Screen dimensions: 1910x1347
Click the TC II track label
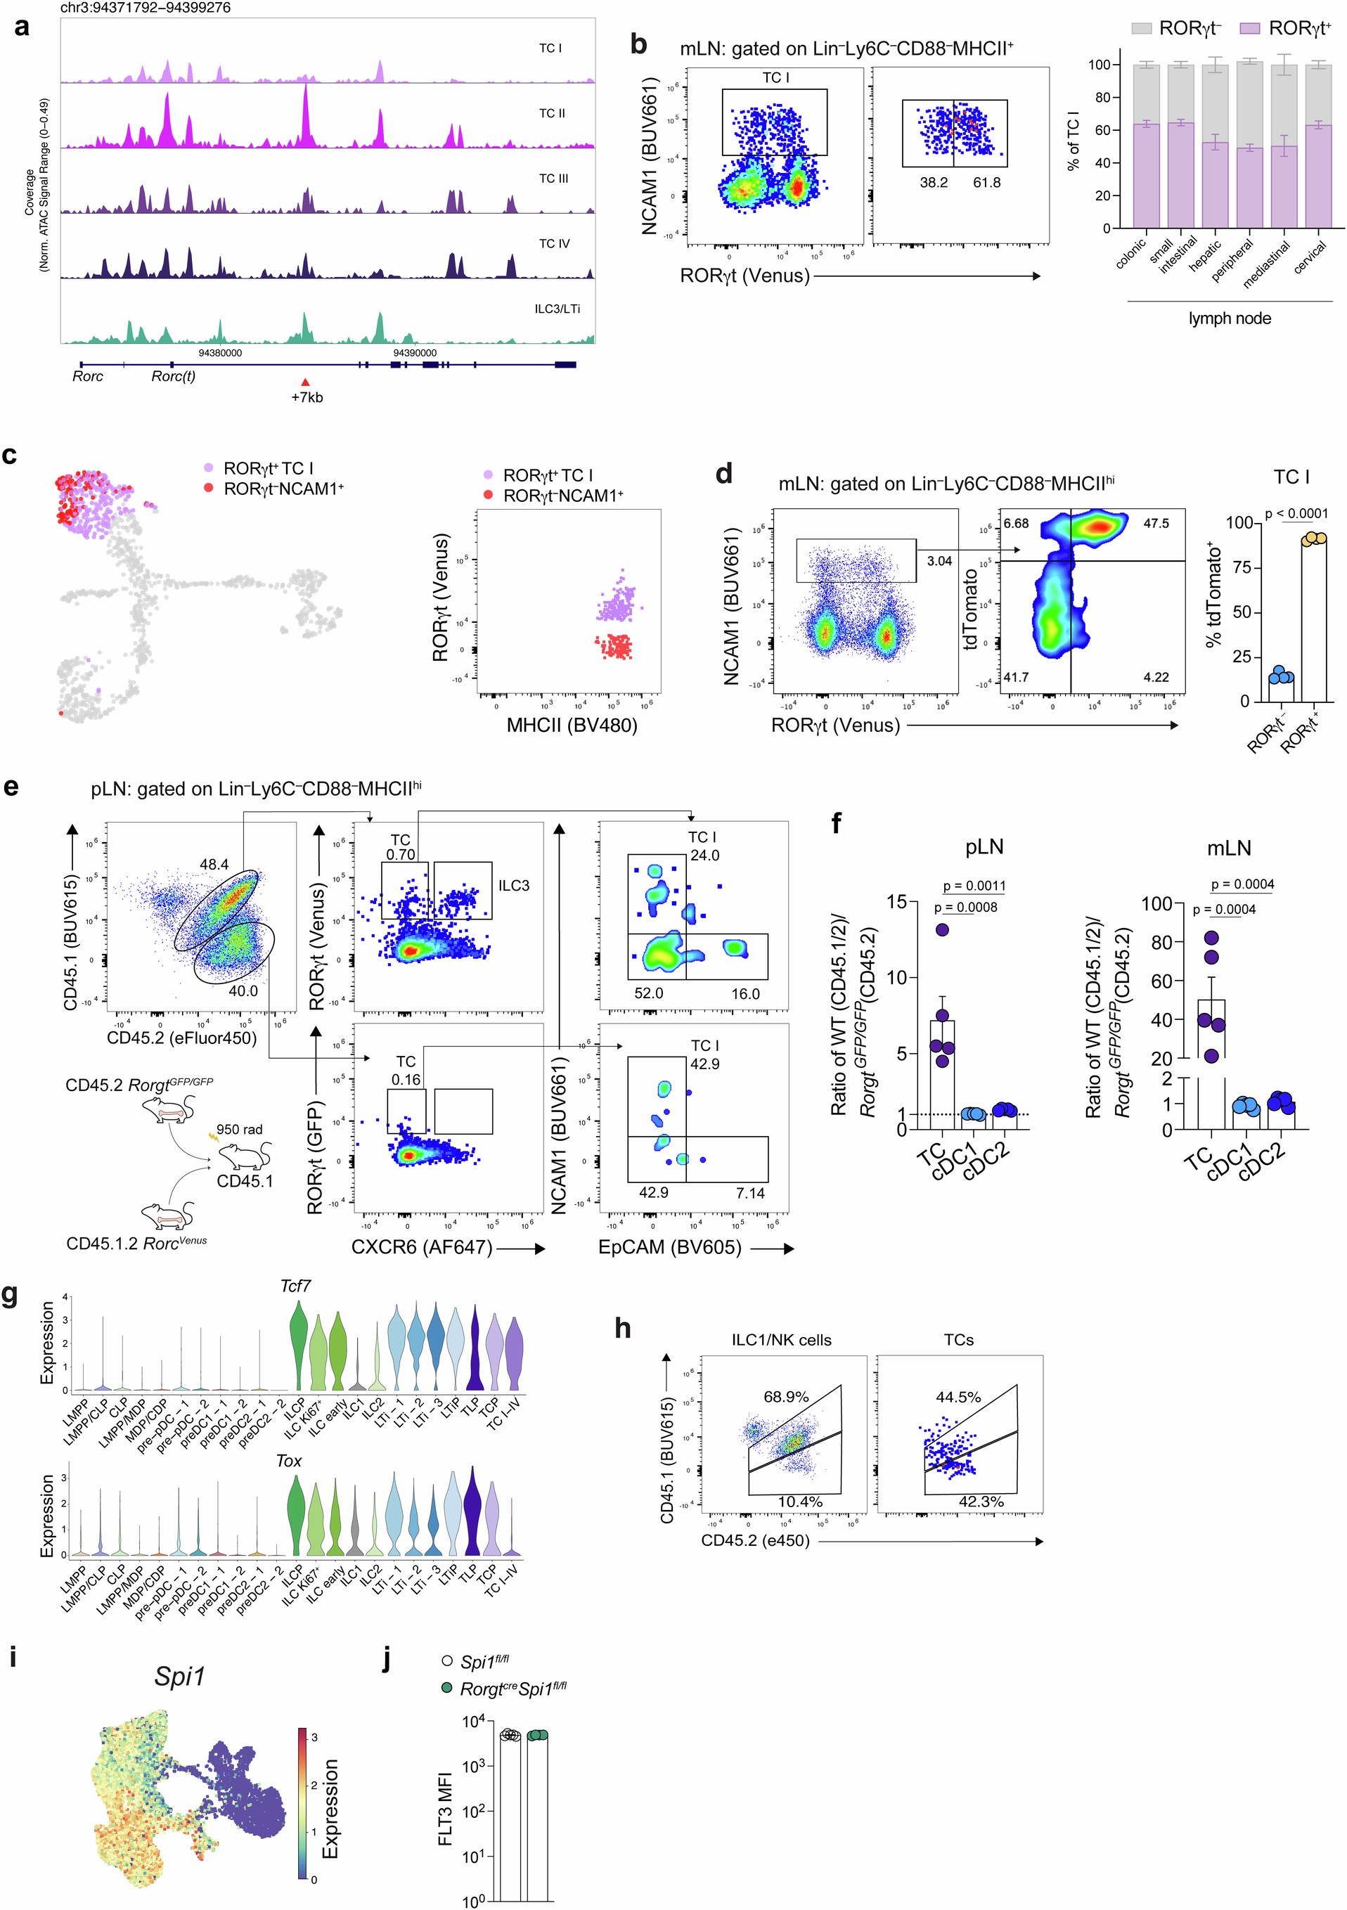(552, 113)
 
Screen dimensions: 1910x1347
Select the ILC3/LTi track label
(557, 309)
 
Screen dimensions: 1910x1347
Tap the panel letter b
(638, 44)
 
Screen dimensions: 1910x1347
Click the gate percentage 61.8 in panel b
(987, 182)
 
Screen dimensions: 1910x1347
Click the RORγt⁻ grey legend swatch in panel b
(1142, 28)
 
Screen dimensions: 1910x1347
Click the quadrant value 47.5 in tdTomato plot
(1156, 523)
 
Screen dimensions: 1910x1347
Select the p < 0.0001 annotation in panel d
(1296, 514)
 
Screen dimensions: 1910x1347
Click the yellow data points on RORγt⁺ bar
(1314, 539)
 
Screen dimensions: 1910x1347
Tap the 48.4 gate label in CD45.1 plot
(214, 865)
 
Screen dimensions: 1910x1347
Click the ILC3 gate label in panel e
(513, 885)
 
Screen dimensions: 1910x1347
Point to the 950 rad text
(240, 1129)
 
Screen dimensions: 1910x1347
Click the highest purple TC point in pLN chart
(942, 930)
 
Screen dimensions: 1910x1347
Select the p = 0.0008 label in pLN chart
(965, 907)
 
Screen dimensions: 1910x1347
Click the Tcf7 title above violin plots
(295, 1286)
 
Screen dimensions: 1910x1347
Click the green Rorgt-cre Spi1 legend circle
(448, 1688)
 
